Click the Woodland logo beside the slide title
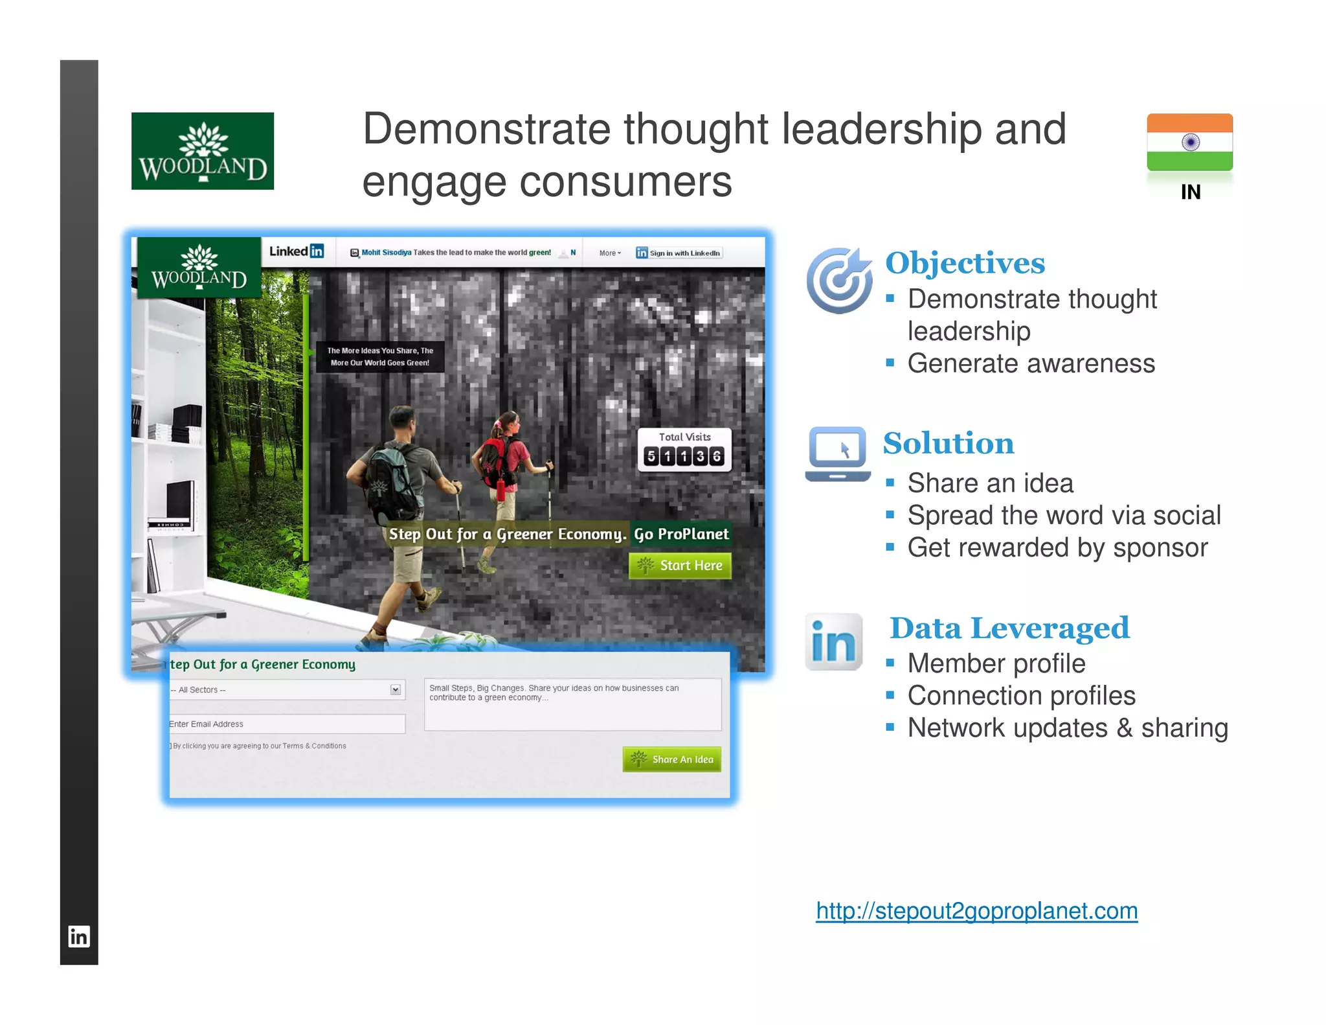click(202, 151)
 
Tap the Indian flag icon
click(1189, 142)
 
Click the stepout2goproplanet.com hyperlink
click(976, 911)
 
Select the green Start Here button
click(680, 566)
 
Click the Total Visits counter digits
click(684, 456)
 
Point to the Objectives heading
click(965, 263)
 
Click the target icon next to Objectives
click(840, 280)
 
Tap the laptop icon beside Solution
click(837, 454)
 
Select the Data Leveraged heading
click(1009, 628)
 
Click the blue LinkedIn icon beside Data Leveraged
click(834, 642)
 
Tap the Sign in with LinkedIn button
click(679, 253)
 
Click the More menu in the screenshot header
click(610, 253)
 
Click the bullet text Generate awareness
click(1031, 363)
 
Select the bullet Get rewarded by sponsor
click(1057, 548)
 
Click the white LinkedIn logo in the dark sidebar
click(79, 936)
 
